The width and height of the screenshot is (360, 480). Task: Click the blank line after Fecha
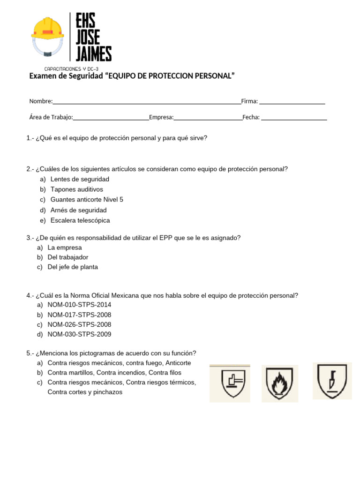293,118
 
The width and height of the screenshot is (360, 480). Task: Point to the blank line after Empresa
208,118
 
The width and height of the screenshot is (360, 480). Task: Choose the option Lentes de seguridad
80,179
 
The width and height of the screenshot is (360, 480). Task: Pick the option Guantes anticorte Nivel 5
87,200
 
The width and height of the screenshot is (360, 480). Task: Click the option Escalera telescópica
80,220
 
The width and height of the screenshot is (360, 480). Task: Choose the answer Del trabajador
68,257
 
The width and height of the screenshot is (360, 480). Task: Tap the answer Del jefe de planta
73,267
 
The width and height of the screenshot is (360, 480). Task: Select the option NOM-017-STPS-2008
79,315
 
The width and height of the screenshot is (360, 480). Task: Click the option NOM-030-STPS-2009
79,334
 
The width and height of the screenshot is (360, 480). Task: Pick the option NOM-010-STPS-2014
79,305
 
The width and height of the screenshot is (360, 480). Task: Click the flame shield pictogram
279,383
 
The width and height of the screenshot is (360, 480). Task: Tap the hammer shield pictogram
230,383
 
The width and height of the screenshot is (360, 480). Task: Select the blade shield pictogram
332,381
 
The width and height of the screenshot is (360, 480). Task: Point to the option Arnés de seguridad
78,210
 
